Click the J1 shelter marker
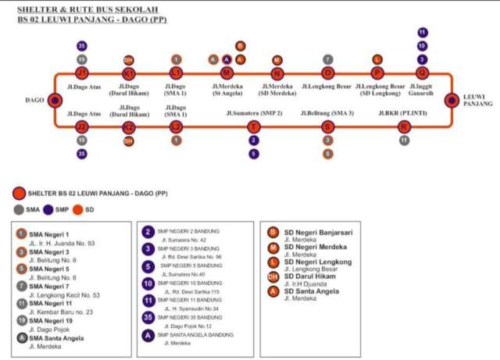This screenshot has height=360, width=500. (x=81, y=73)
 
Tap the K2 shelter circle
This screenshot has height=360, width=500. (x=129, y=127)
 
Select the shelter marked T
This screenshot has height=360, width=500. (x=253, y=127)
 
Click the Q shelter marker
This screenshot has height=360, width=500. (x=423, y=73)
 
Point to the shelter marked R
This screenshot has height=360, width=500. (x=404, y=127)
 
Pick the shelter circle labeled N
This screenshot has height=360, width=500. (x=277, y=73)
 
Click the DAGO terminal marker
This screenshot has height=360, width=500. (x=54, y=100)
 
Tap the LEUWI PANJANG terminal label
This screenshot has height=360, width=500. (x=478, y=100)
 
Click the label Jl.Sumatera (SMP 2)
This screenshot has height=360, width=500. (x=254, y=113)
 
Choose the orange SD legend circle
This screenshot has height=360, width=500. (x=78, y=209)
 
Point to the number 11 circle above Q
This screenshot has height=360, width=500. (x=423, y=33)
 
